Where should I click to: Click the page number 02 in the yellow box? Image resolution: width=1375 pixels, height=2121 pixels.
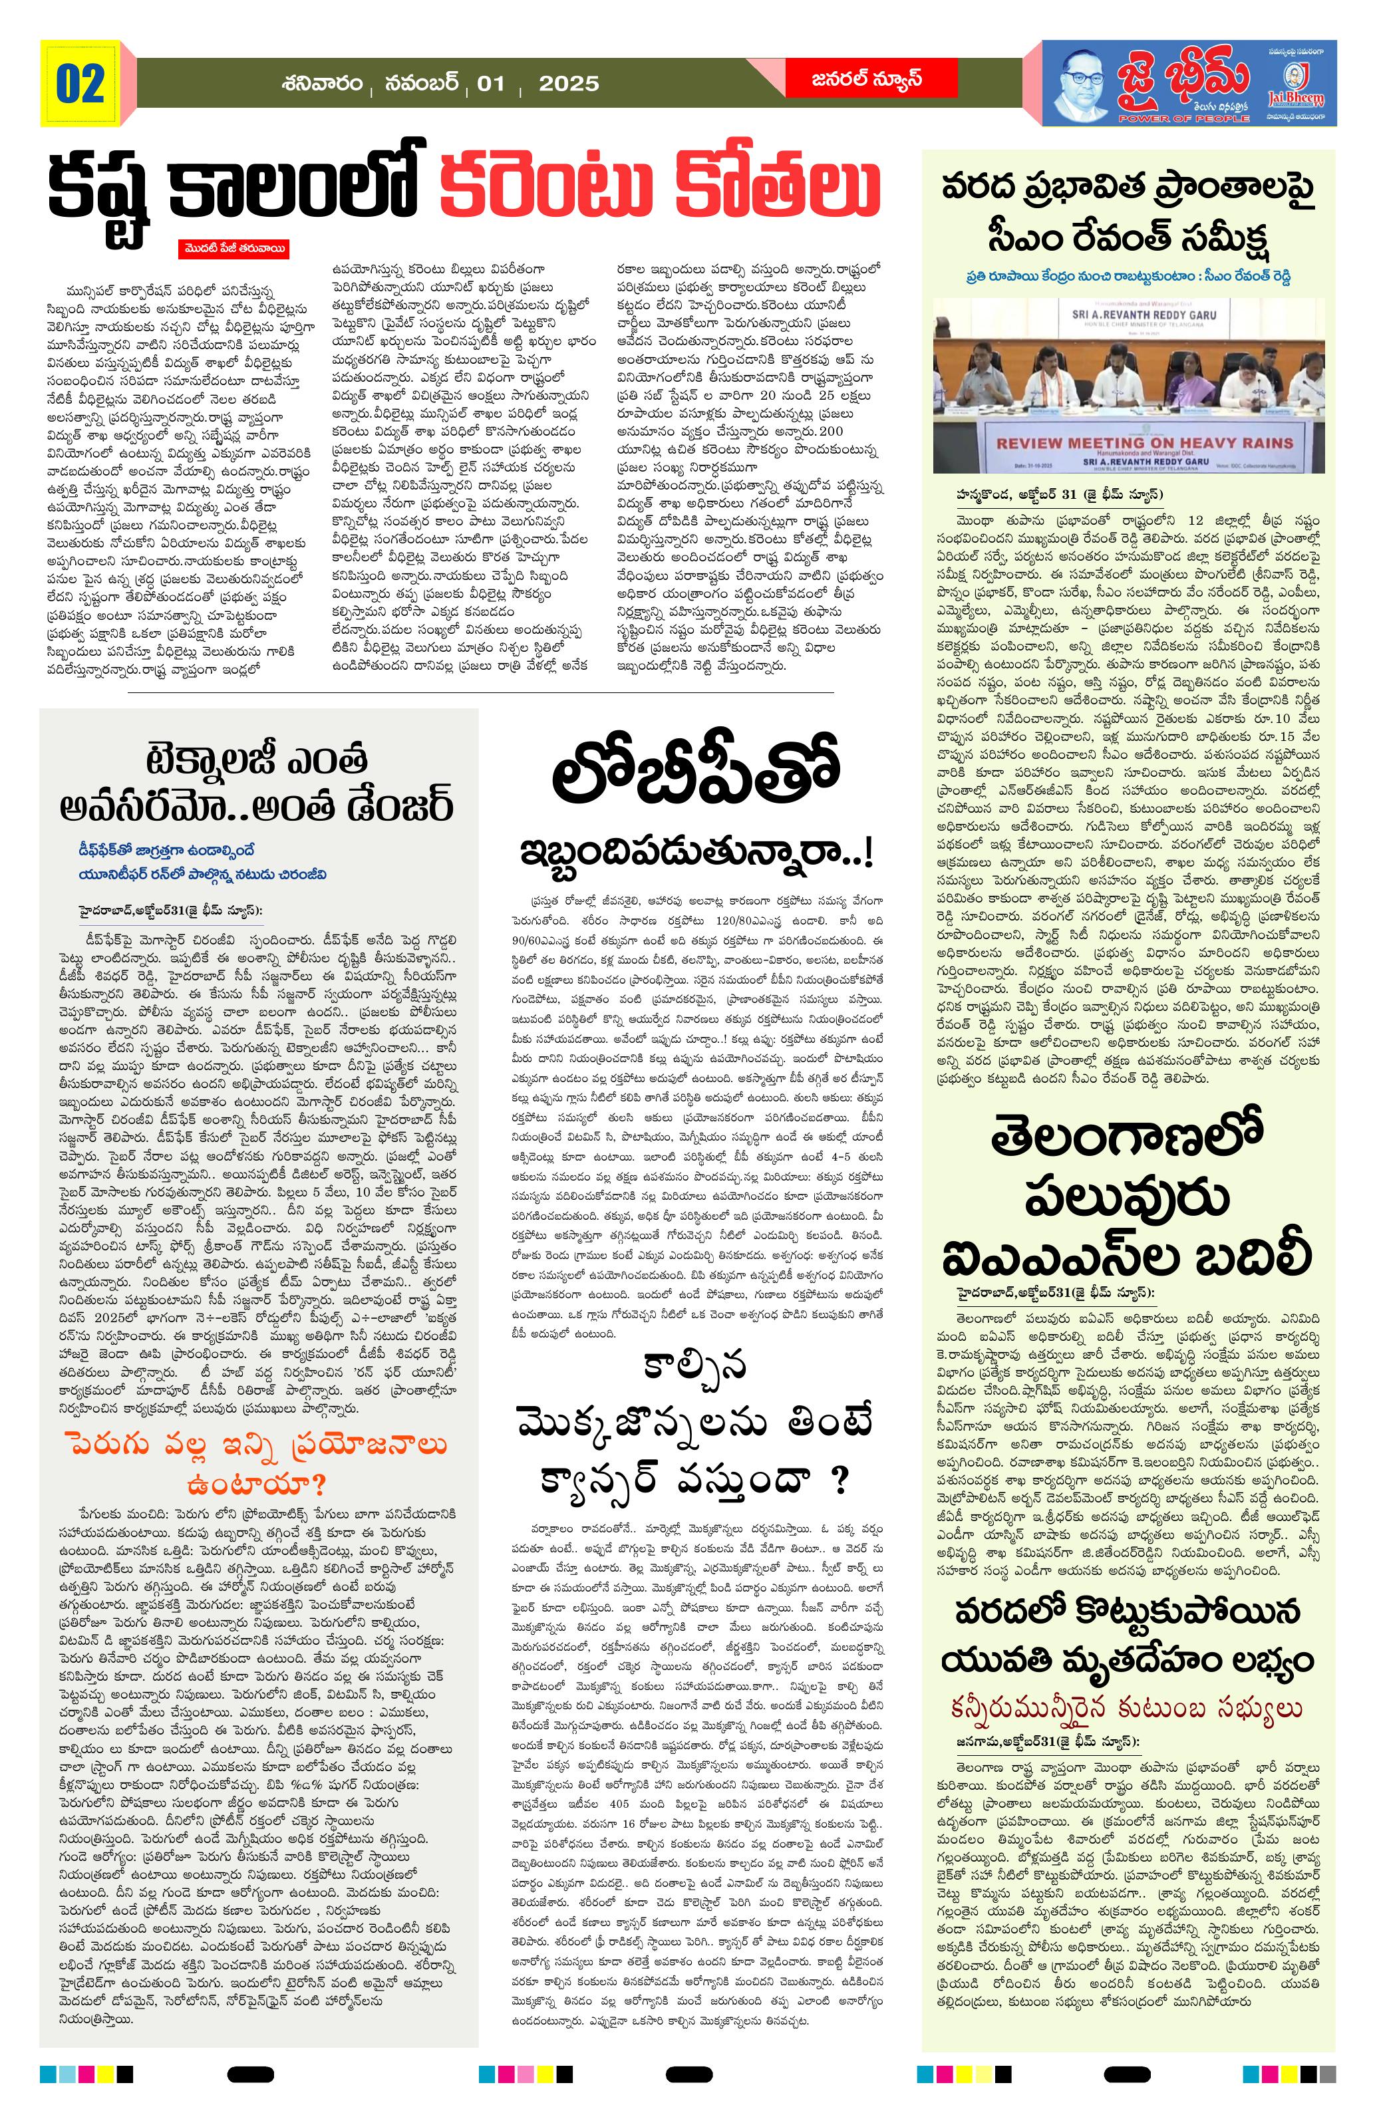pos(80,84)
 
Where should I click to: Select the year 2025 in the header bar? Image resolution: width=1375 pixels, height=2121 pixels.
pos(569,84)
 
